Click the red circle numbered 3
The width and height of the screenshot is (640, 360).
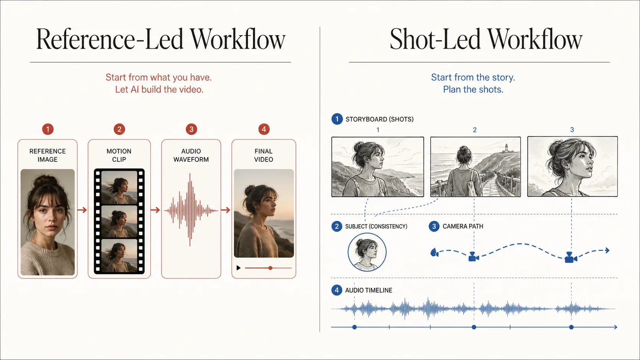[191, 129]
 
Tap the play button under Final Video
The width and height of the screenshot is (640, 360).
[238, 268]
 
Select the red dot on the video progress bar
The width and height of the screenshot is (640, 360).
[270, 268]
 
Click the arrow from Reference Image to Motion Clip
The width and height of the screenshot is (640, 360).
[82, 210]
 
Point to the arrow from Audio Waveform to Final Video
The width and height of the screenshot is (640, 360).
[225, 210]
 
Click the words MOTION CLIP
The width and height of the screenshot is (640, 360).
[119, 155]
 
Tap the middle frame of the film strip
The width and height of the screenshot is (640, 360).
[119, 222]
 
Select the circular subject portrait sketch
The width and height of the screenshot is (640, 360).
[367, 252]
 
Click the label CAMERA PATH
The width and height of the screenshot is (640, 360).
[463, 226]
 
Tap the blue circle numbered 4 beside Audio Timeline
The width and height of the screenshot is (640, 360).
[336, 290]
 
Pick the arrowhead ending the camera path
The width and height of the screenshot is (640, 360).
[607, 250]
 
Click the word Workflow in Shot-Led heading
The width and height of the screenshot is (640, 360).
[535, 39]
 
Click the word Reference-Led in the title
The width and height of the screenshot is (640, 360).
[110, 39]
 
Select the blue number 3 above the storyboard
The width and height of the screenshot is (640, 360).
[572, 130]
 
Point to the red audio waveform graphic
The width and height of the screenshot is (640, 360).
[191, 210]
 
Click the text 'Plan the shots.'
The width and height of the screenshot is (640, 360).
[473, 90]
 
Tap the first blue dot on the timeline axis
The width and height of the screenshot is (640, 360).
[354, 327]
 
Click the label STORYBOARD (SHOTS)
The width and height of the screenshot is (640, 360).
[380, 119]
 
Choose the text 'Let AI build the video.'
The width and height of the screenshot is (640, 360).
[159, 90]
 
